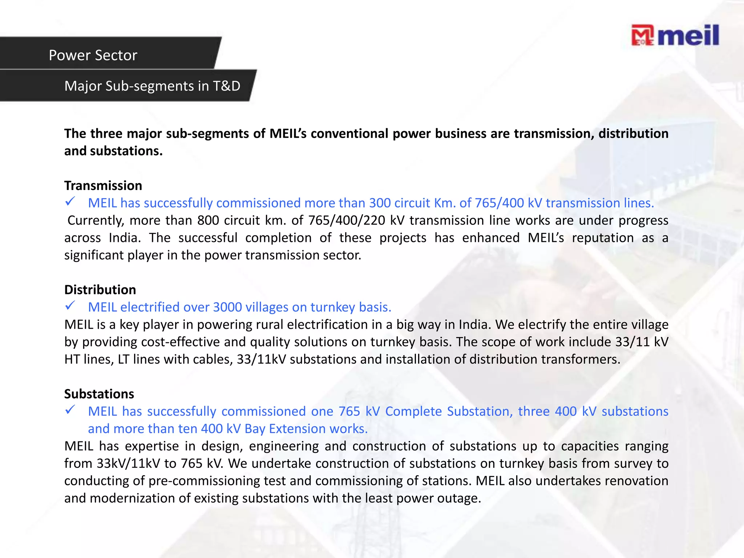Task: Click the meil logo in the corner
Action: pos(675,36)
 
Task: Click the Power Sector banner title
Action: pos(93,55)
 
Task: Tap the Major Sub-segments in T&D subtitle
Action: pos(152,86)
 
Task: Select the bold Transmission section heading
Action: pos(103,186)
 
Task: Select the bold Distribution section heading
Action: pos(100,290)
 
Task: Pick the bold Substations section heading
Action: pos(99,394)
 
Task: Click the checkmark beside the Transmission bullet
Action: pos(70,202)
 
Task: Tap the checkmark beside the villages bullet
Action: pos(70,306)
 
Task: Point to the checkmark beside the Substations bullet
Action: pos(70,410)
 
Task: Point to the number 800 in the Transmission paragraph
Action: pos(209,221)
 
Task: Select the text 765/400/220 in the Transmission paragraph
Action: pos(347,221)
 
